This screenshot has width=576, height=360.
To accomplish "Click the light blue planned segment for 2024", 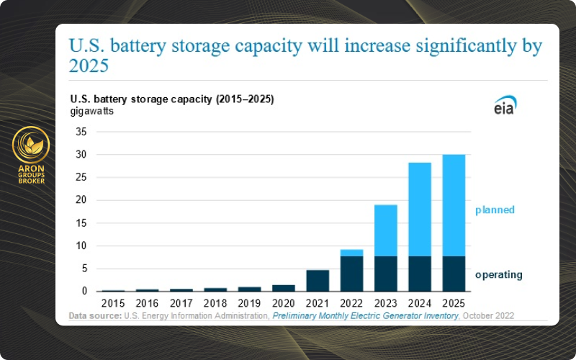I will (x=420, y=210).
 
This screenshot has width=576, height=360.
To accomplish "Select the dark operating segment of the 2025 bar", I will (x=454, y=274).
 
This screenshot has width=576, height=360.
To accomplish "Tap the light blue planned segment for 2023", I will (x=385, y=230).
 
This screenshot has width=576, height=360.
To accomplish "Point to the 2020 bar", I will (x=283, y=288).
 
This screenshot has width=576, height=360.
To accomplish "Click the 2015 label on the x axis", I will (x=113, y=304).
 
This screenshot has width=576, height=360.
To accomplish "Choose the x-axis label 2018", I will (x=215, y=304).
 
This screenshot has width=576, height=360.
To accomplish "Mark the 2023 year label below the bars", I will (x=385, y=304).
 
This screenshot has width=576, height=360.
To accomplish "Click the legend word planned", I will (x=495, y=210).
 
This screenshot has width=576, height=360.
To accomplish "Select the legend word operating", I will (x=498, y=274).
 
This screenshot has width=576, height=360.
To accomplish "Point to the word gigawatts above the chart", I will (x=91, y=111).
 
